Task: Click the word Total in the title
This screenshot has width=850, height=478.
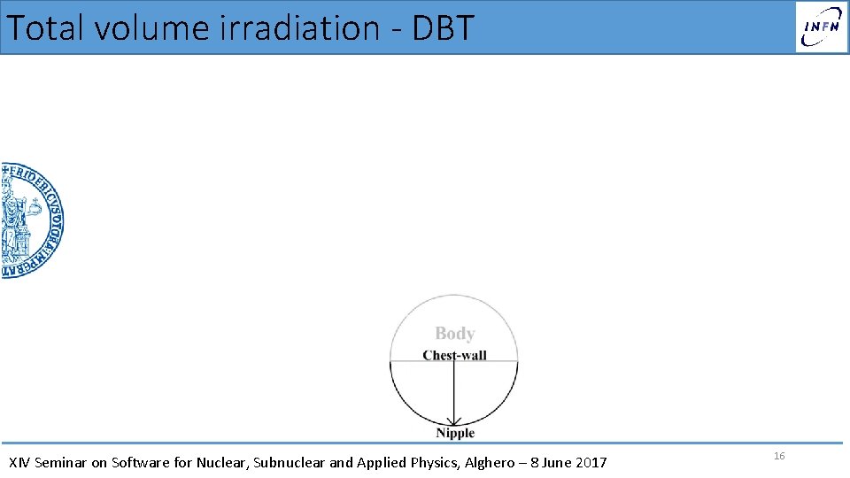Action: pyautogui.click(x=45, y=27)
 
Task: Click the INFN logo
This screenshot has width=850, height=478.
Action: pyautogui.click(x=821, y=27)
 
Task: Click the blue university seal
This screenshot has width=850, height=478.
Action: pyautogui.click(x=31, y=220)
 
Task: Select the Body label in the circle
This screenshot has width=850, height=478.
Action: pyautogui.click(x=454, y=334)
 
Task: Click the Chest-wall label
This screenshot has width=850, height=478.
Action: pyautogui.click(x=454, y=356)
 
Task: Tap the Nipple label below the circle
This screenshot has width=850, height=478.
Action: pyautogui.click(x=455, y=433)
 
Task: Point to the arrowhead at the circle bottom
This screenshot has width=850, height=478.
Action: pyautogui.click(x=454, y=420)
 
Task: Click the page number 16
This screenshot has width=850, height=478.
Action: pyautogui.click(x=779, y=456)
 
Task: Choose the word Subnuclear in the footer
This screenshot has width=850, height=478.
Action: pyautogui.click(x=287, y=462)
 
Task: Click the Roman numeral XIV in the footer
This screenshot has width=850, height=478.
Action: pyautogui.click(x=19, y=462)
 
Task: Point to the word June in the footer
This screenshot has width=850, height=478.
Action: pyautogui.click(x=555, y=462)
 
